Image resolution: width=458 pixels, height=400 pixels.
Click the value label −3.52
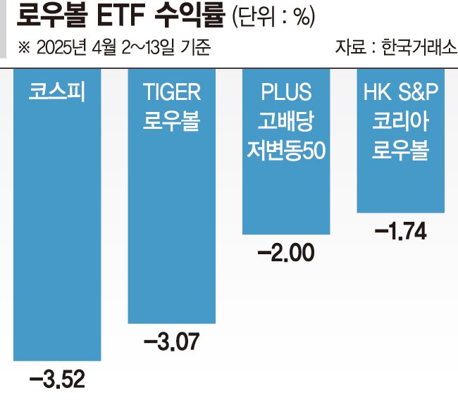click(x=57, y=380)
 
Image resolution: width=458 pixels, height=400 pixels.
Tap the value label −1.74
click(x=400, y=231)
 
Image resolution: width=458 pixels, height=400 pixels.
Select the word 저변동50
click(x=285, y=150)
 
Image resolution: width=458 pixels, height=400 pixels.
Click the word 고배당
click(x=285, y=121)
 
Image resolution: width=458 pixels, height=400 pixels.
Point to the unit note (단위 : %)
click(x=273, y=18)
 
